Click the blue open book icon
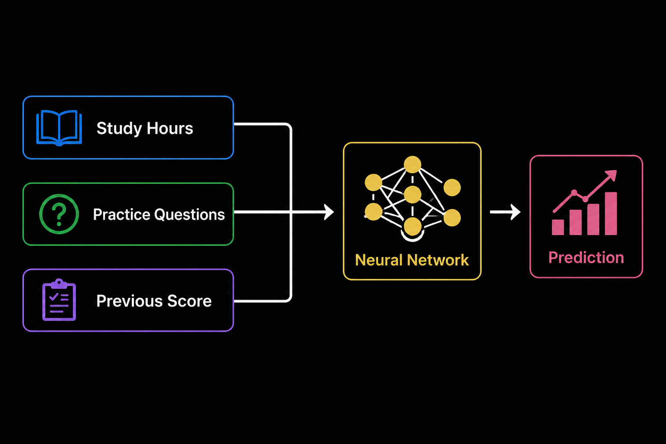(59, 128)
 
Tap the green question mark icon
(59, 214)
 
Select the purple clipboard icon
(59, 300)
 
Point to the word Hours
(170, 128)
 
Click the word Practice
(121, 215)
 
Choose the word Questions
(189, 215)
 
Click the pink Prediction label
(586, 258)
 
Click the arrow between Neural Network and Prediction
(505, 212)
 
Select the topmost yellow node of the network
(412, 164)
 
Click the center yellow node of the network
(412, 195)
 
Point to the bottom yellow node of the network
(412, 226)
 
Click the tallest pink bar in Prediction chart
(610, 213)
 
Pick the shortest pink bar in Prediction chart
(558, 227)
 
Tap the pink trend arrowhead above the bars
(612, 175)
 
